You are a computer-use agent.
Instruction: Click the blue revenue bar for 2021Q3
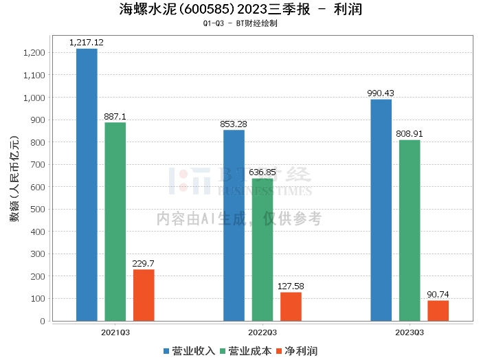[x=87, y=185]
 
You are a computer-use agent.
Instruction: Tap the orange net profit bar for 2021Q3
[x=144, y=295]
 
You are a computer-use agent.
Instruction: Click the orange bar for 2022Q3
[x=291, y=306]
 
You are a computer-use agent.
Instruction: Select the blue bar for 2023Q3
[x=381, y=210]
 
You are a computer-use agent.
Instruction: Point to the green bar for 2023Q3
[x=410, y=230]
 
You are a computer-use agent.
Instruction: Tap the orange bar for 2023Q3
[x=438, y=311]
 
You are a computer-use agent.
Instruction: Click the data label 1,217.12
[x=87, y=43]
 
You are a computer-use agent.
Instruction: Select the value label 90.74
[x=438, y=295]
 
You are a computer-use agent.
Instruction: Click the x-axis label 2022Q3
[x=262, y=331]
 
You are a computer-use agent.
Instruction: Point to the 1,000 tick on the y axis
[x=34, y=98]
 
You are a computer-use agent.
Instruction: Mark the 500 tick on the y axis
[x=38, y=210]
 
